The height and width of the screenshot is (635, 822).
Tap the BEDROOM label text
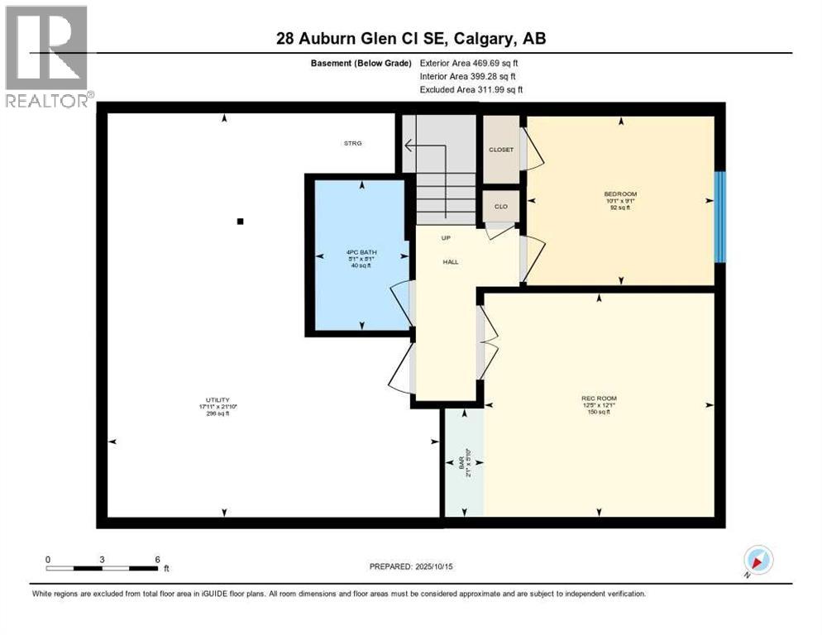tap(619, 194)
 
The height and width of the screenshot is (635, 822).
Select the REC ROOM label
tap(598, 399)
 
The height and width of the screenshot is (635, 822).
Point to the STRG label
tap(353, 143)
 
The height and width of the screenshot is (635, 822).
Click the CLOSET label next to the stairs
tap(500, 150)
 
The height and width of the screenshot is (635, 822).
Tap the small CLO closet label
tap(500, 206)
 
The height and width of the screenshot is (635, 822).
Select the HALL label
tap(450, 262)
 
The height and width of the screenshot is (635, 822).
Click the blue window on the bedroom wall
tap(719, 217)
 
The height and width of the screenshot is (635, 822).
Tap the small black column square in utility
tap(240, 221)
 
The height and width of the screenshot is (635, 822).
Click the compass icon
tap(757, 560)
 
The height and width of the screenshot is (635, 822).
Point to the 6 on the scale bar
tap(157, 559)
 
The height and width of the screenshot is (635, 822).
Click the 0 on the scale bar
tap(48, 559)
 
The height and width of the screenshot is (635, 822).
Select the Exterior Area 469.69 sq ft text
tap(469, 62)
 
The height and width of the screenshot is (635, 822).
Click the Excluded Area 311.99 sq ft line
tap(471, 89)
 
